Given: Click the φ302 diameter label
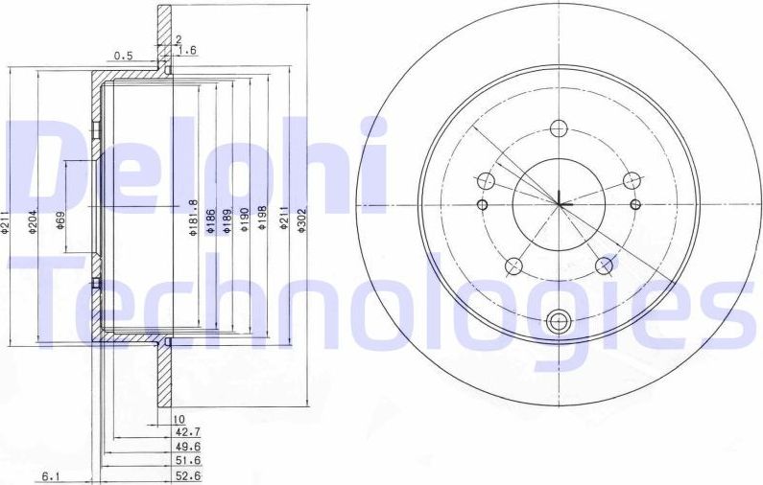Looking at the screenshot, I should [302, 224].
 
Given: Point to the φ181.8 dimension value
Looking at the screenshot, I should [192, 217].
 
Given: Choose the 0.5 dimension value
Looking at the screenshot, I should [123, 56].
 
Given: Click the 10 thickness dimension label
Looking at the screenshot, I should [178, 419].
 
